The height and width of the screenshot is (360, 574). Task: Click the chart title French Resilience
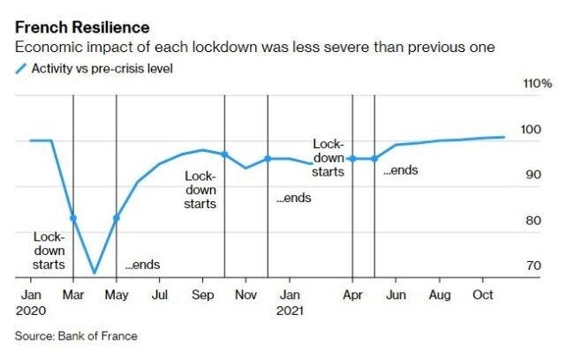tap(82, 28)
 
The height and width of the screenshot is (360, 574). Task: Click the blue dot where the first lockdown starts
tap(73, 218)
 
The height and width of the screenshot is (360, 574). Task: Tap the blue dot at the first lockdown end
tap(117, 217)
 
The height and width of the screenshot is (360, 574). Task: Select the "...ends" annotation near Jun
tap(400, 169)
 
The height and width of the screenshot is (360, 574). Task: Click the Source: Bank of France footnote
tap(76, 335)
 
